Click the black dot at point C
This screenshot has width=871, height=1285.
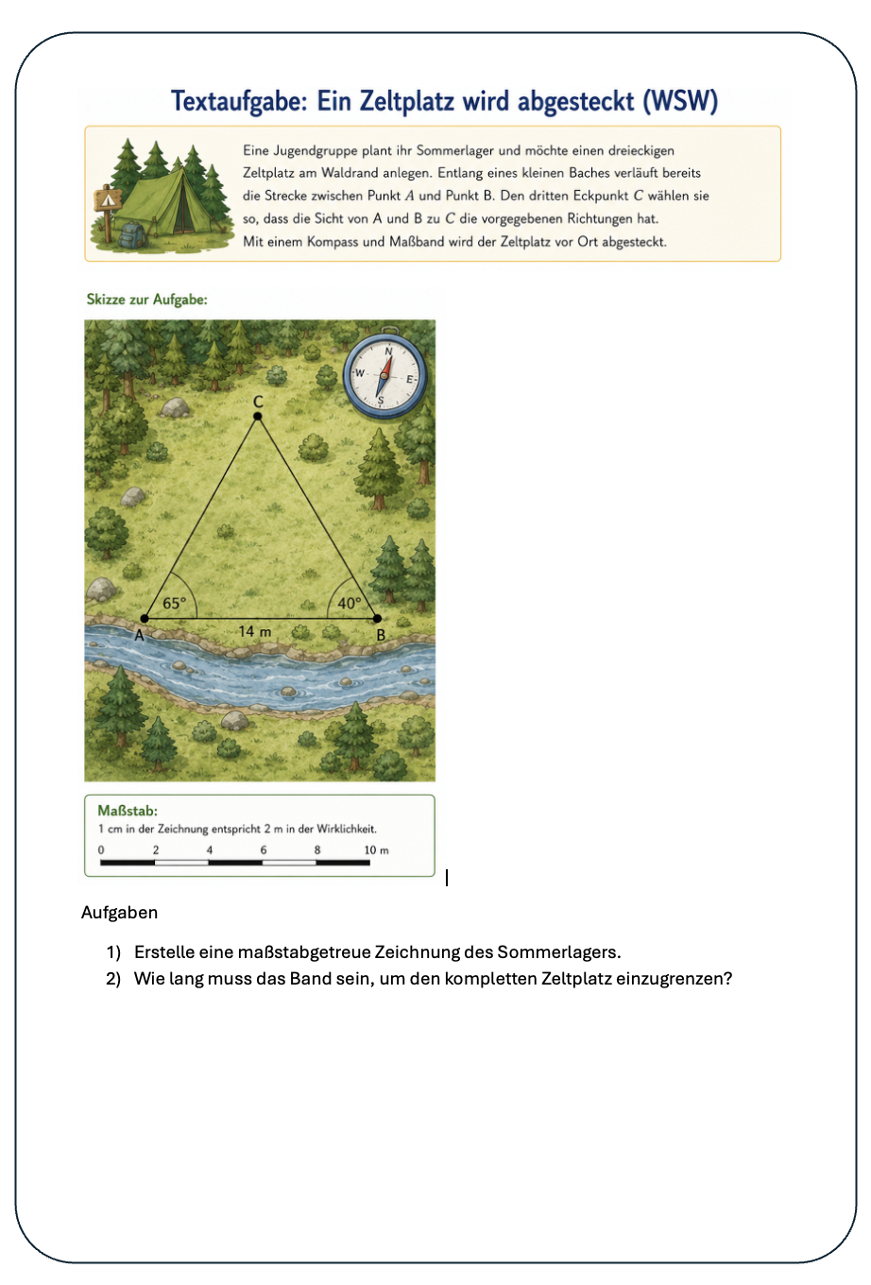point(258,416)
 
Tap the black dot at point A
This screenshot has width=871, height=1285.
point(145,618)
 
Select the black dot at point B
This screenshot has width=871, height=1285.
point(377,618)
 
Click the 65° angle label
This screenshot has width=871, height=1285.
point(175,604)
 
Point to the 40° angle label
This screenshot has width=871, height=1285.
point(350,604)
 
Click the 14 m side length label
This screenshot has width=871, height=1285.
point(254,631)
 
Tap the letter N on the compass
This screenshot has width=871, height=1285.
point(388,351)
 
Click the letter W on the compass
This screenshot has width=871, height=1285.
point(360,372)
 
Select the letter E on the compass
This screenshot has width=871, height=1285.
point(410,379)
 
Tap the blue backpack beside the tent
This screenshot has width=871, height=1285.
point(132,234)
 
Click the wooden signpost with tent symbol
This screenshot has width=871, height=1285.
point(108,211)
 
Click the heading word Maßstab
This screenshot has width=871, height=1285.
point(128,811)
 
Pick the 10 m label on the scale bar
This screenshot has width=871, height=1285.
point(376,850)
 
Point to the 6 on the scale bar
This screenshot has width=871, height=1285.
point(264,850)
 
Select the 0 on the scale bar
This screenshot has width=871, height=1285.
point(101,850)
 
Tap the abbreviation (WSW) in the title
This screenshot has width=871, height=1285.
point(680,101)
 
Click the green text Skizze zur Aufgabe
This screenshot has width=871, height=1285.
point(146,300)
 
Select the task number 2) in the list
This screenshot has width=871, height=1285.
point(113,979)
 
